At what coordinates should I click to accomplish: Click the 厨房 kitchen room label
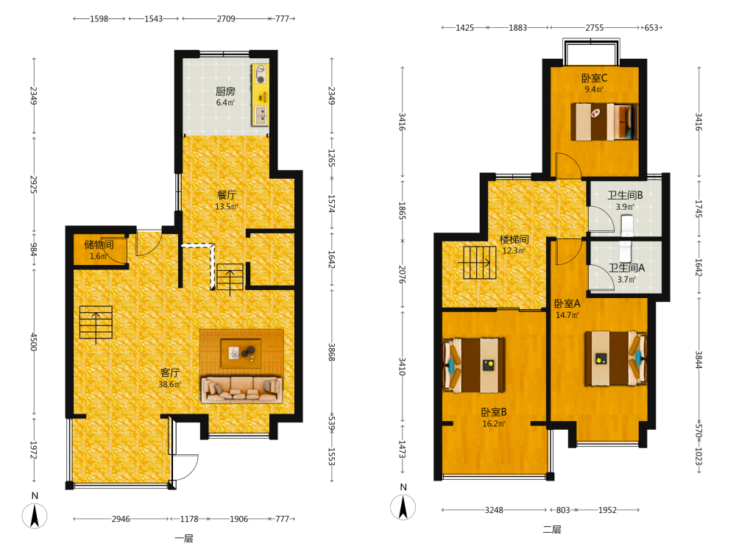click(225, 91)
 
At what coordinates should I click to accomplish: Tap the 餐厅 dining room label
click(227, 195)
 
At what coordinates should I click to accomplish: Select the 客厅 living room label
click(170, 372)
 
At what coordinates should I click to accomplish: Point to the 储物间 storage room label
click(99, 244)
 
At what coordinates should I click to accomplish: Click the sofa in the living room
click(241, 389)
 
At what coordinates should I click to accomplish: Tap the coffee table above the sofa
click(241, 353)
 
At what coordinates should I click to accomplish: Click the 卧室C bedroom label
click(594, 78)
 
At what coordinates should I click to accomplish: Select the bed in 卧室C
click(604, 121)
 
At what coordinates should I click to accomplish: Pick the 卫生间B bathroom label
click(625, 195)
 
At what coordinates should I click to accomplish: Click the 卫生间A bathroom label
click(626, 268)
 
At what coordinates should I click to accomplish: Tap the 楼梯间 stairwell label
click(514, 239)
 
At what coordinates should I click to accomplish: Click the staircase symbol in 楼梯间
click(480, 263)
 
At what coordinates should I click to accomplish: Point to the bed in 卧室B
click(474, 365)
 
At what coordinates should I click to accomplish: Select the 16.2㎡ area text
click(494, 423)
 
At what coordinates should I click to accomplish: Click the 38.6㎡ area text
click(170, 384)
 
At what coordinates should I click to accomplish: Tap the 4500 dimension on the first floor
click(34, 342)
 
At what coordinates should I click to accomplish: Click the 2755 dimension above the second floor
click(594, 28)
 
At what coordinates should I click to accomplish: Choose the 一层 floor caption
click(184, 539)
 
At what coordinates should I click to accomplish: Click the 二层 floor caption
click(552, 529)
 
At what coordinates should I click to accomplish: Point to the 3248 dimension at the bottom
click(494, 510)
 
